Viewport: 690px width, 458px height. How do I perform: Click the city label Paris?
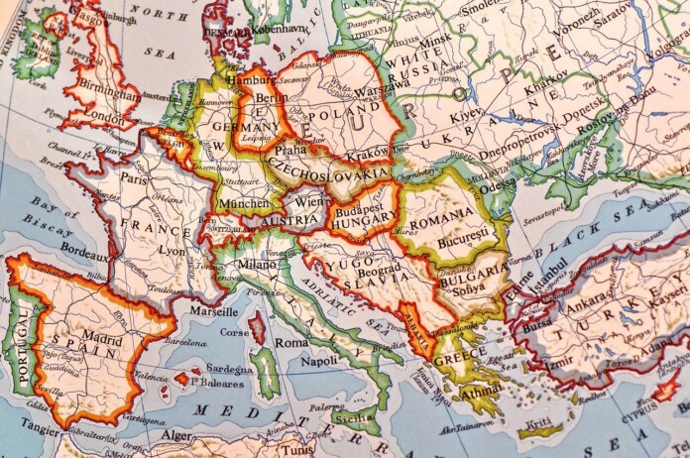(x=134, y=178)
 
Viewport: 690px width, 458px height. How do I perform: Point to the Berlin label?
(x=271, y=99)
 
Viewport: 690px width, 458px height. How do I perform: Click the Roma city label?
(x=291, y=342)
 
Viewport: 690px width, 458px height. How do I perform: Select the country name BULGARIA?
(x=476, y=266)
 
